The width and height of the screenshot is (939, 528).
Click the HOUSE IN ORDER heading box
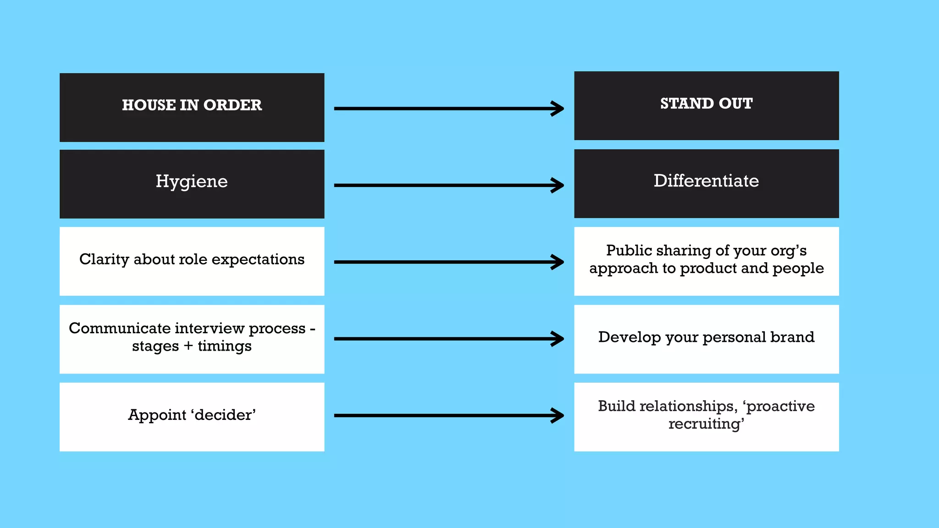[192, 107]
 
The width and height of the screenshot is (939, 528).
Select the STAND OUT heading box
[706, 105]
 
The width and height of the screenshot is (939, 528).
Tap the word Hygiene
[192, 181]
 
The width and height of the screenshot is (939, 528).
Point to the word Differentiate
[706, 181]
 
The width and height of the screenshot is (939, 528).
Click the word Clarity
[104, 259]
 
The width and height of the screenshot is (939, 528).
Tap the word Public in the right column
[629, 250]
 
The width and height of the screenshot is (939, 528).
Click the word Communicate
[120, 328]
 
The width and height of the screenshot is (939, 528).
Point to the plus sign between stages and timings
[188, 346]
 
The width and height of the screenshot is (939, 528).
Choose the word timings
[225, 346]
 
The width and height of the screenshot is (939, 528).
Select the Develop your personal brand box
[706, 339]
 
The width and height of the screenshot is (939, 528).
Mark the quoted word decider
[225, 415]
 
